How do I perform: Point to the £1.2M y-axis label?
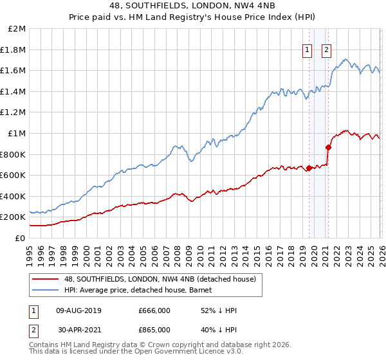(14, 113)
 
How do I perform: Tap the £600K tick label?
(14, 175)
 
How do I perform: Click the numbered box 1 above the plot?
(308, 50)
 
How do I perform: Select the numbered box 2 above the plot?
(326, 50)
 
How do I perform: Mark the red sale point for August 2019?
(309, 168)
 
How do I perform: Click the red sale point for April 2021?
(328, 147)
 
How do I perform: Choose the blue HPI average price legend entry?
(145, 290)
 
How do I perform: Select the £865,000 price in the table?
(154, 330)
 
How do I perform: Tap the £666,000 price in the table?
(154, 310)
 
